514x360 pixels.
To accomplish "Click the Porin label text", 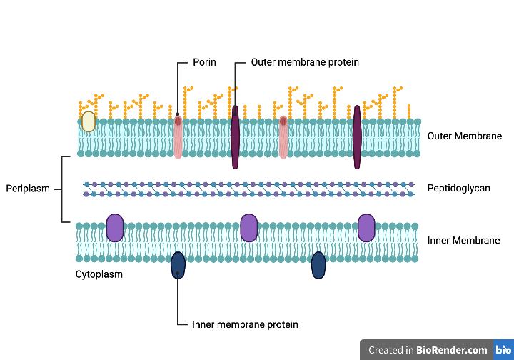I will tap(204, 62).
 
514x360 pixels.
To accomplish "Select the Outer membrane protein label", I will tap(305, 62).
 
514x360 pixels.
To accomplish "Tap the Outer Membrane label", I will tap(465, 136).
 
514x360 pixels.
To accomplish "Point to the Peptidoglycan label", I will tap(459, 189).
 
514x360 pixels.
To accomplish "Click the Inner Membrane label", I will tap(464, 241).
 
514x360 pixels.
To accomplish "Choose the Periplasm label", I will tap(28, 189).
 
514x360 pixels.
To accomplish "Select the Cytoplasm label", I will tap(99, 274).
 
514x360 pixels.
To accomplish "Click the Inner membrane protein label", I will tap(245, 324).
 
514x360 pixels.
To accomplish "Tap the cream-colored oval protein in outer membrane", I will tap(88, 121).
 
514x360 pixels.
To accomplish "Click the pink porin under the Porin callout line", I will tap(178, 137).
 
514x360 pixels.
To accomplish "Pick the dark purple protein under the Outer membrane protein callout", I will tap(235, 137).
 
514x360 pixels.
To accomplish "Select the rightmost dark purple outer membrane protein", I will tap(357, 137).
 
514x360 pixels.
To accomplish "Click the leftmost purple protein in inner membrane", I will tap(115, 227).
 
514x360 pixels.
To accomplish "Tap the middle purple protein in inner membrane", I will tap(248, 227).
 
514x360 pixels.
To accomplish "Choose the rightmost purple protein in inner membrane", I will tap(366, 227).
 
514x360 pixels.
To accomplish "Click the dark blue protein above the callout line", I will tap(178, 265).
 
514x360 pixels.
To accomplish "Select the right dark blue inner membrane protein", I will tap(318, 265).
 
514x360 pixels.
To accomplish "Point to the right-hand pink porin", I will tap(283, 137).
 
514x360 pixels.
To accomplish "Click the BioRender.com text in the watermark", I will tap(452, 350).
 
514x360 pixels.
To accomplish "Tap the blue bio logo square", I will tap(503, 350).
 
